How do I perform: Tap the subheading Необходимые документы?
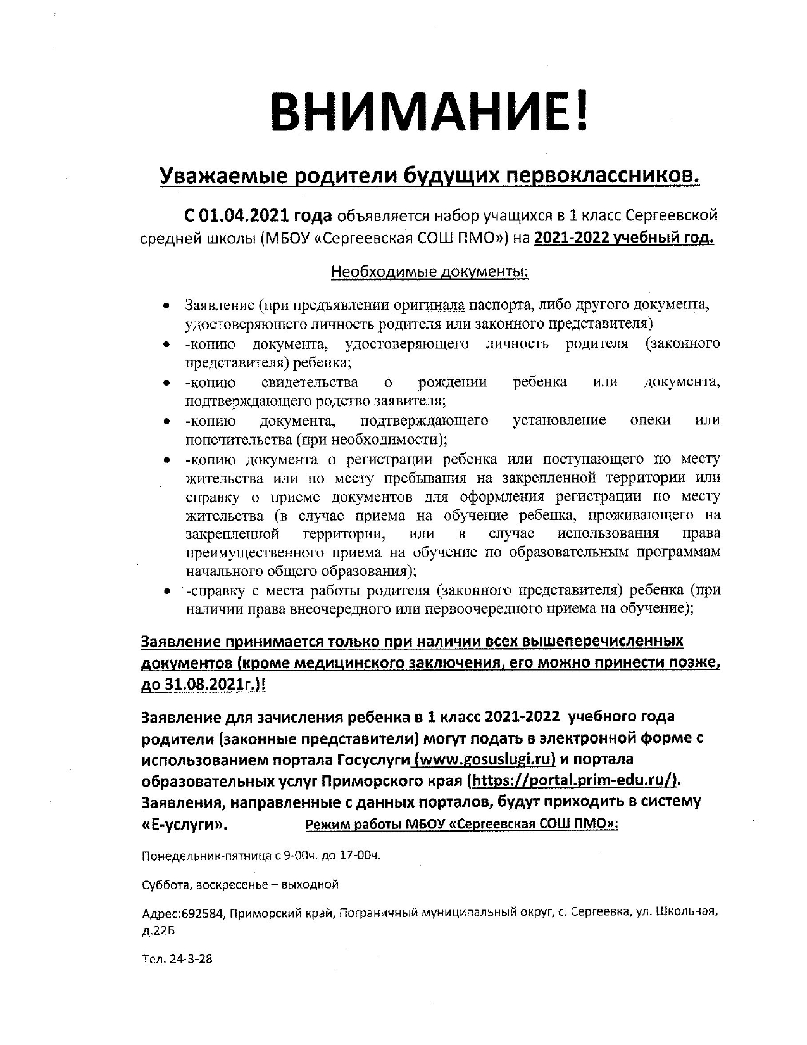[430, 272]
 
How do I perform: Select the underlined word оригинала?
[429, 305]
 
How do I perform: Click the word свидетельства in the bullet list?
[309, 382]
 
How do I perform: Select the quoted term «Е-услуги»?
[184, 825]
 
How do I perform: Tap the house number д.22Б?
[158, 932]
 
